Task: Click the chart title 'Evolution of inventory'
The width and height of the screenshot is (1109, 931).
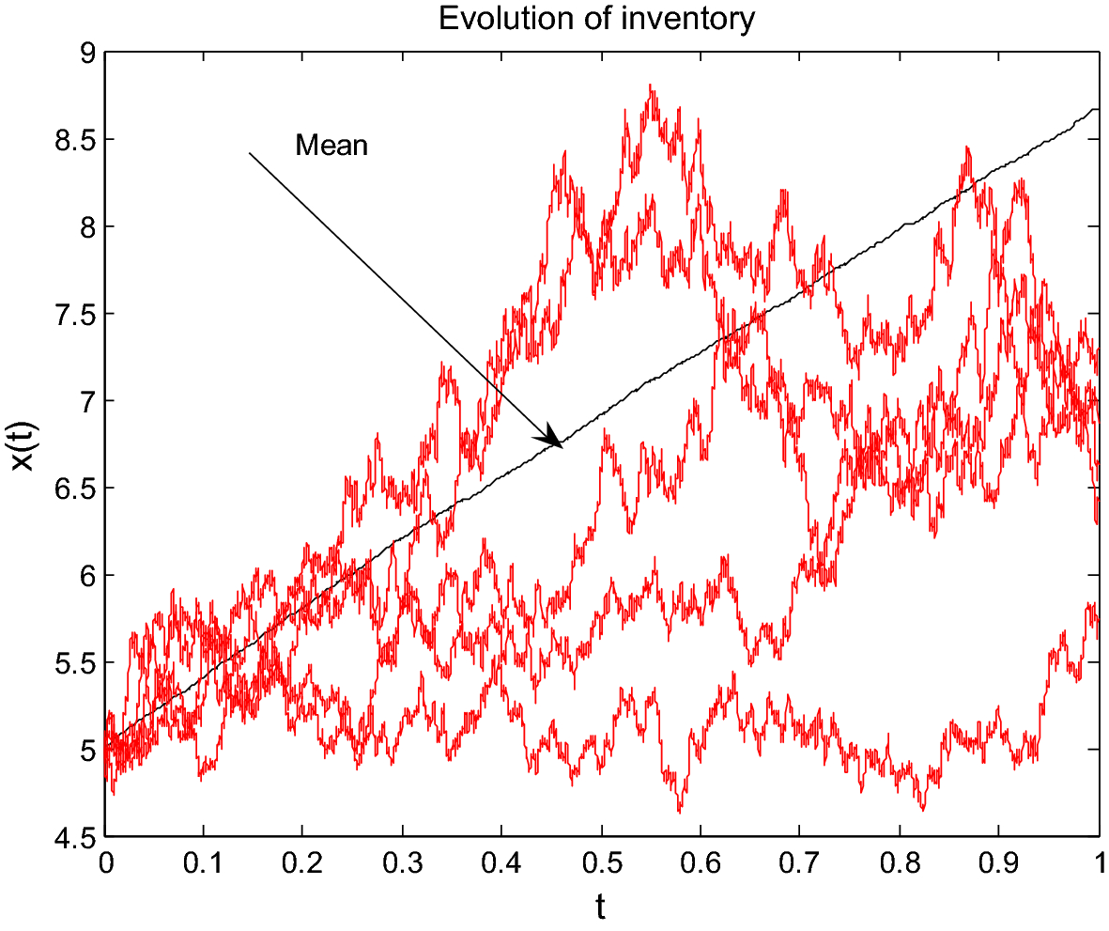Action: click(596, 20)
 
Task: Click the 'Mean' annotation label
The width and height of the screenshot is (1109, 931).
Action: click(331, 146)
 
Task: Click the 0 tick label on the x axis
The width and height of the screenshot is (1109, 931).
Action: click(105, 862)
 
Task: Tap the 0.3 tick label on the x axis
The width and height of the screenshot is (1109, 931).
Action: click(403, 862)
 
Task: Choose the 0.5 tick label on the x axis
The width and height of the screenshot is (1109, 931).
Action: click(601, 862)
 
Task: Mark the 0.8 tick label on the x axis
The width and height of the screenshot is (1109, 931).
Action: click(899, 862)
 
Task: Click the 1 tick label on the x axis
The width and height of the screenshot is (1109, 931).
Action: click(1098, 862)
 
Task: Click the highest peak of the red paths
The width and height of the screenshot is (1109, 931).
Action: click(651, 86)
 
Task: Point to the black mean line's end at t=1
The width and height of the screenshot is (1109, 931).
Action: click(1096, 110)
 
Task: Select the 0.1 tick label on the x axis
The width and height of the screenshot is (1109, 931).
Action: click(204, 862)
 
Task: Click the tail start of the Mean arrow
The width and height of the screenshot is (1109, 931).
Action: click(250, 153)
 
